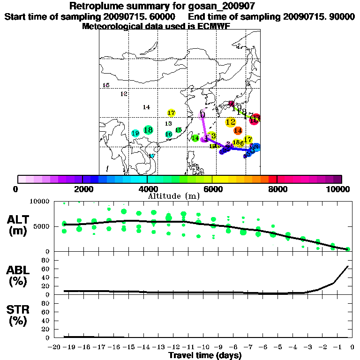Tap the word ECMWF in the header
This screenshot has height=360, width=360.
coord(214,26)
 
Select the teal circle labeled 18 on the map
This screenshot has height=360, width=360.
coord(148,130)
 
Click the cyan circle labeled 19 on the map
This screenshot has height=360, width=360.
coord(135,134)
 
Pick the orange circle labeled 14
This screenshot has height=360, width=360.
coord(238,130)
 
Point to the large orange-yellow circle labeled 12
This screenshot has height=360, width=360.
coord(230,122)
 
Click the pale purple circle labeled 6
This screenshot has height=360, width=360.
coord(202,114)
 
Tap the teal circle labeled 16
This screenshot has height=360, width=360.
coord(169,134)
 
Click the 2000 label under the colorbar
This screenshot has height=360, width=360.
coord(82,189)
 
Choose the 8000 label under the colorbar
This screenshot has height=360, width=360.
coord(277,189)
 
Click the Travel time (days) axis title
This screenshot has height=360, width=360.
coord(205,355)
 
